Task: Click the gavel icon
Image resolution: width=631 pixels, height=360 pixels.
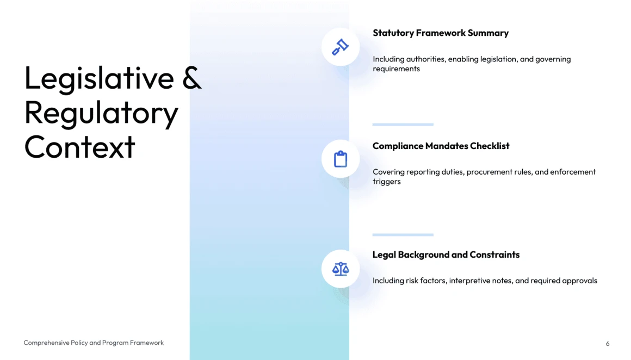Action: (340, 47)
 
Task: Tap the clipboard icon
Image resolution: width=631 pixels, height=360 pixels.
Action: (341, 159)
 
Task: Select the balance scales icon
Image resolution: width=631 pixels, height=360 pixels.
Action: (341, 269)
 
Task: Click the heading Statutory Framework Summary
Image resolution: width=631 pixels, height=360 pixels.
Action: (441, 33)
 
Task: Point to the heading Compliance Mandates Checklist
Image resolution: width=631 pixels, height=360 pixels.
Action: (441, 146)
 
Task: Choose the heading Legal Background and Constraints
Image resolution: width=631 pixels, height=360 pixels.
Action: (446, 255)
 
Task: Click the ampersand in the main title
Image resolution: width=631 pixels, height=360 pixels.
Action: (191, 78)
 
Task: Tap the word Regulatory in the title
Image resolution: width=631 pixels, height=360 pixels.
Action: (101, 113)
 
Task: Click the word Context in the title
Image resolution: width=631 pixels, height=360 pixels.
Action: (79, 147)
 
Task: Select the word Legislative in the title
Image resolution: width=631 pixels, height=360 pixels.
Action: (99, 79)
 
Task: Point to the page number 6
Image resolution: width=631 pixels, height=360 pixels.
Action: (608, 344)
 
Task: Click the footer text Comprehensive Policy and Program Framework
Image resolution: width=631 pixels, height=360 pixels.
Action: (94, 343)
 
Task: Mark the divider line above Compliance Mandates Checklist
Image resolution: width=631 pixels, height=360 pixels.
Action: (403, 125)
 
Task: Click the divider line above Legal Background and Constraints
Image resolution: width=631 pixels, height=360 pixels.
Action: (403, 234)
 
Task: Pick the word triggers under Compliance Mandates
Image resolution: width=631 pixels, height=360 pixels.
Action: (387, 182)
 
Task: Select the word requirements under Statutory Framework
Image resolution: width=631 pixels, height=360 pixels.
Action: (397, 69)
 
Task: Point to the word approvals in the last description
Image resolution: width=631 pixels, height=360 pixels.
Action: (580, 281)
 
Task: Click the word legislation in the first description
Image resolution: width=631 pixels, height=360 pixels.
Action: (497, 59)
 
